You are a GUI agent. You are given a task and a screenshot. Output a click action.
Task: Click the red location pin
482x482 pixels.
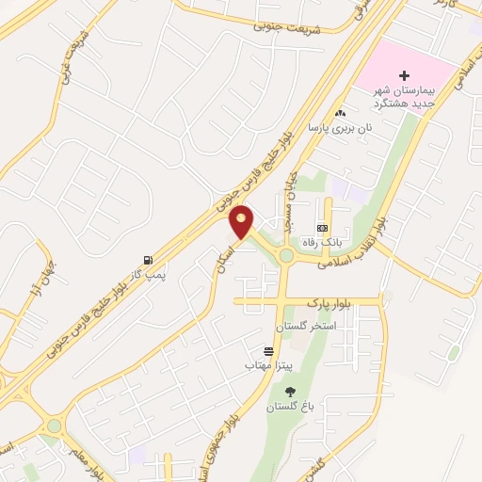[242, 222]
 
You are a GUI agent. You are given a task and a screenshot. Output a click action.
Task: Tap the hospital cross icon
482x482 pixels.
[405, 75]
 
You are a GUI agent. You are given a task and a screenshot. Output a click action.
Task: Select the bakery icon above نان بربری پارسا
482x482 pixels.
[341, 113]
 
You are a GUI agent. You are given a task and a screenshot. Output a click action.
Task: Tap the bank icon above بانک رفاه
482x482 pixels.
[323, 228]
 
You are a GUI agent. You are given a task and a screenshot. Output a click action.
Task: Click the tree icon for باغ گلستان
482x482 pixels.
[288, 392]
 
